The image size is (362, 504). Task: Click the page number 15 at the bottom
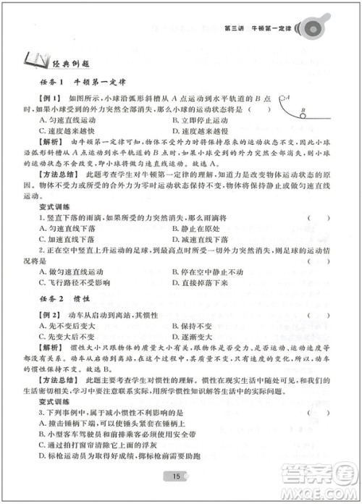click(x=176, y=476)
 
